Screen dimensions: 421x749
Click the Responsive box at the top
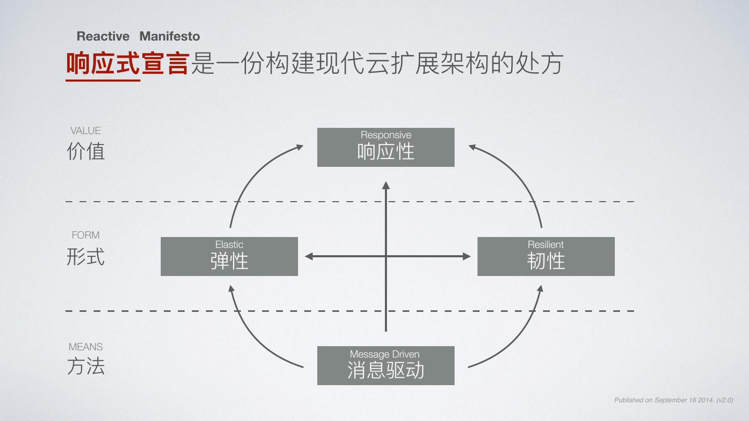coord(385,147)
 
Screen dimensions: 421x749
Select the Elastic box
coord(229,256)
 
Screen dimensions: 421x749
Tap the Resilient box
coord(546,256)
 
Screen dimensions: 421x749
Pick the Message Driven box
coord(385,365)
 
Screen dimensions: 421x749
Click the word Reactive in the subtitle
coord(103,36)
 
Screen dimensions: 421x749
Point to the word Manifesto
coord(170,36)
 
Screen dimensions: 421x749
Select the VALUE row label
coord(85,131)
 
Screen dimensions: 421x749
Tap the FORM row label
coord(85,235)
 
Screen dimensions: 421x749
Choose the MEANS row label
coord(85,347)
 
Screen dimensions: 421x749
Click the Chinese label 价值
coord(86,151)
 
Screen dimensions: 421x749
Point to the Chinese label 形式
coord(86,257)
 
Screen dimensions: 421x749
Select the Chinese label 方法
coord(86,366)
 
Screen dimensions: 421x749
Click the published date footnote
coord(674,400)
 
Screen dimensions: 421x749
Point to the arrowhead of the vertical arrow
coord(385,186)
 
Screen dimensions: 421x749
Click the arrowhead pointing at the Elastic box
coord(309,256)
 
